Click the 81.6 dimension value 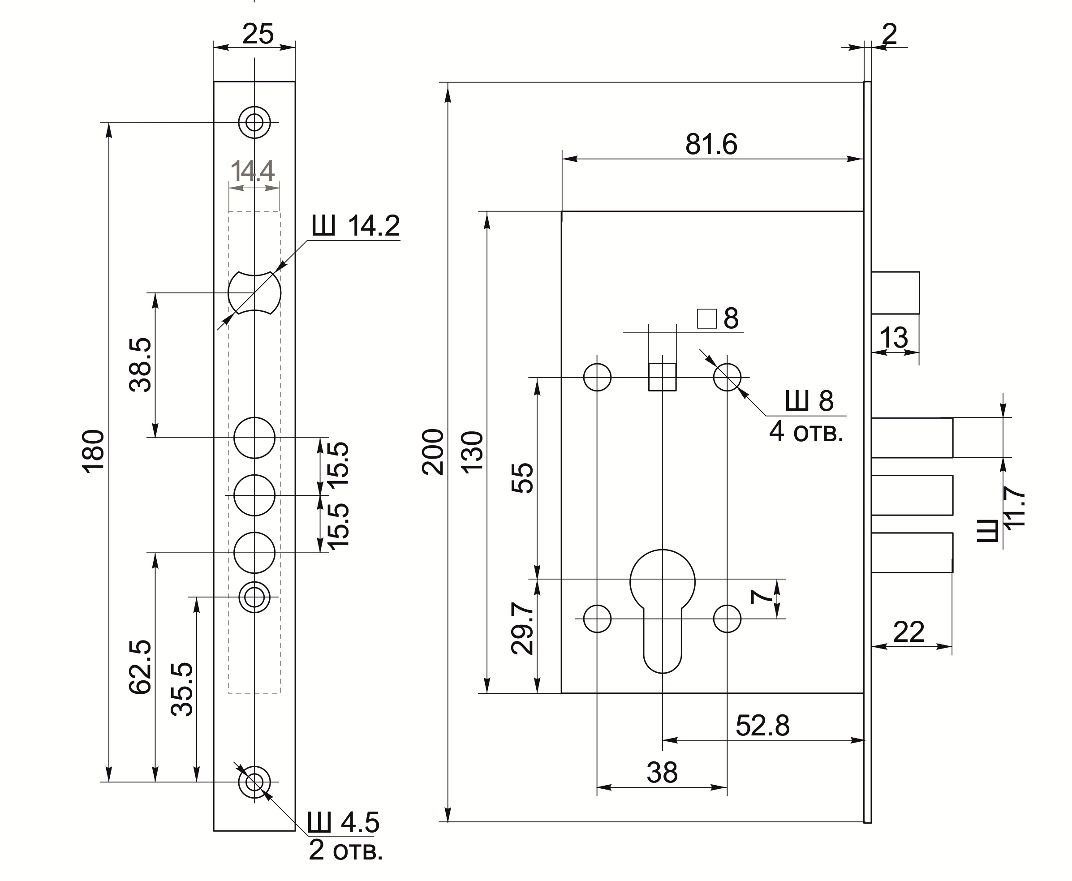[710, 145]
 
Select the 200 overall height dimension [433, 451]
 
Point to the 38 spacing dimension [662, 773]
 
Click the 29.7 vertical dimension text [523, 628]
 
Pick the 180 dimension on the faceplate [94, 451]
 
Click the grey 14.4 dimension [252, 171]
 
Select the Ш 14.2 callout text [356, 226]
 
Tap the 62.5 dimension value [140, 667]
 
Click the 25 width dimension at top [258, 34]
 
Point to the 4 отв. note [805, 432]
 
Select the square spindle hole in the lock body [663, 377]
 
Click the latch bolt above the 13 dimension [895, 293]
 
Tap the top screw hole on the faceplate [254, 122]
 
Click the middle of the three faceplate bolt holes [254, 495]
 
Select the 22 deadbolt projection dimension [908, 632]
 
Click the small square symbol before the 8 [706, 319]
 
